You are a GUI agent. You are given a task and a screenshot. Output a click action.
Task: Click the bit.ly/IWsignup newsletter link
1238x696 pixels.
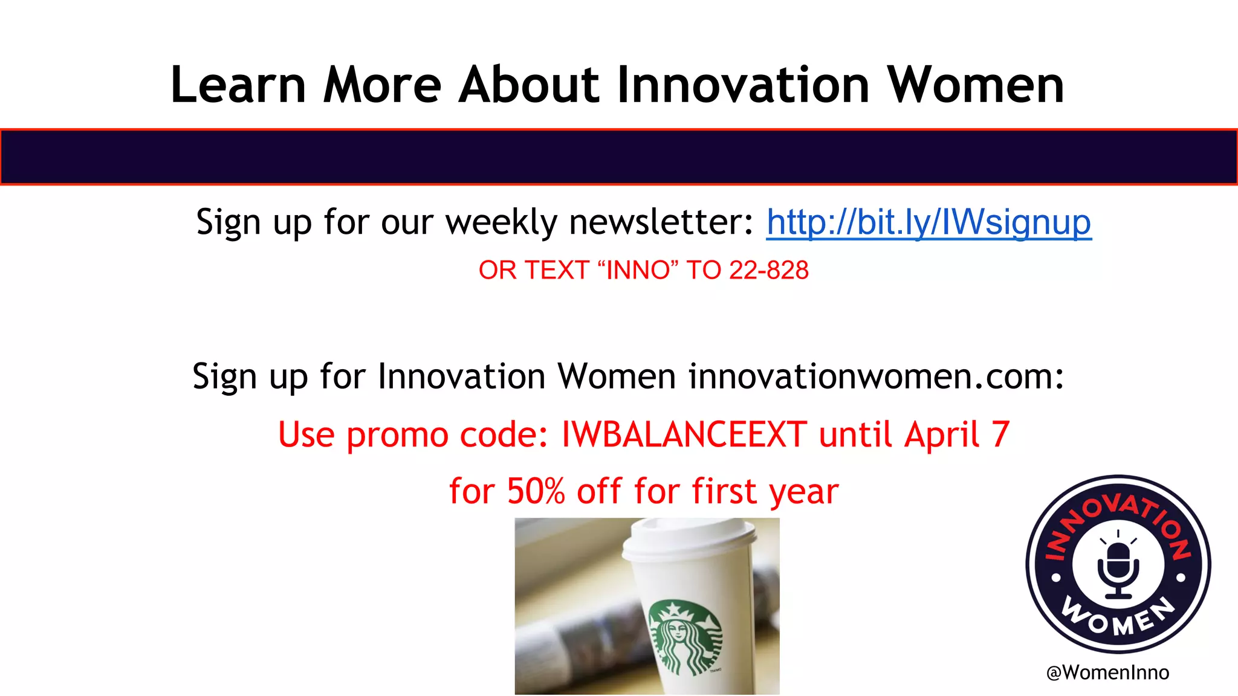click(x=928, y=222)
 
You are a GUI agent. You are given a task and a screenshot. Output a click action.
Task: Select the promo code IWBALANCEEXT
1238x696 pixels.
click(x=684, y=434)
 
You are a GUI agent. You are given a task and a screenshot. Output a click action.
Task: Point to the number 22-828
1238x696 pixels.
click(x=769, y=270)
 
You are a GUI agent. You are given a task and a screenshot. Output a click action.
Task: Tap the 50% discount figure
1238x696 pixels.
click(x=536, y=491)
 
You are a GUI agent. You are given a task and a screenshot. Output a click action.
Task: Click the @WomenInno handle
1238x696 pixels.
click(x=1107, y=672)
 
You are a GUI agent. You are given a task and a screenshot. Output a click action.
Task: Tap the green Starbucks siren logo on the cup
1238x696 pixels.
click(x=685, y=636)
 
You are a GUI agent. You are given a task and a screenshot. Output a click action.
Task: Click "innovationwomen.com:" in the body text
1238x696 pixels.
click(x=876, y=376)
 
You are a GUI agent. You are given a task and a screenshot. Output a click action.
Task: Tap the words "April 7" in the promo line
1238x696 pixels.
click(x=957, y=434)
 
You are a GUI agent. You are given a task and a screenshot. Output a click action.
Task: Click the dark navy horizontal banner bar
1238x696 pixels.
click(x=619, y=156)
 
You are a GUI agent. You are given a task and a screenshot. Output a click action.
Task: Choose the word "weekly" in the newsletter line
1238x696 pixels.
click(x=501, y=222)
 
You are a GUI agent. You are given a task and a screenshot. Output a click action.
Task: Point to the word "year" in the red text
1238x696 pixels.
click(x=803, y=492)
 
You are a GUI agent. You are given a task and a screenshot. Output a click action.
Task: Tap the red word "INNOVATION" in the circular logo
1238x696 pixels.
click(x=1118, y=514)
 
